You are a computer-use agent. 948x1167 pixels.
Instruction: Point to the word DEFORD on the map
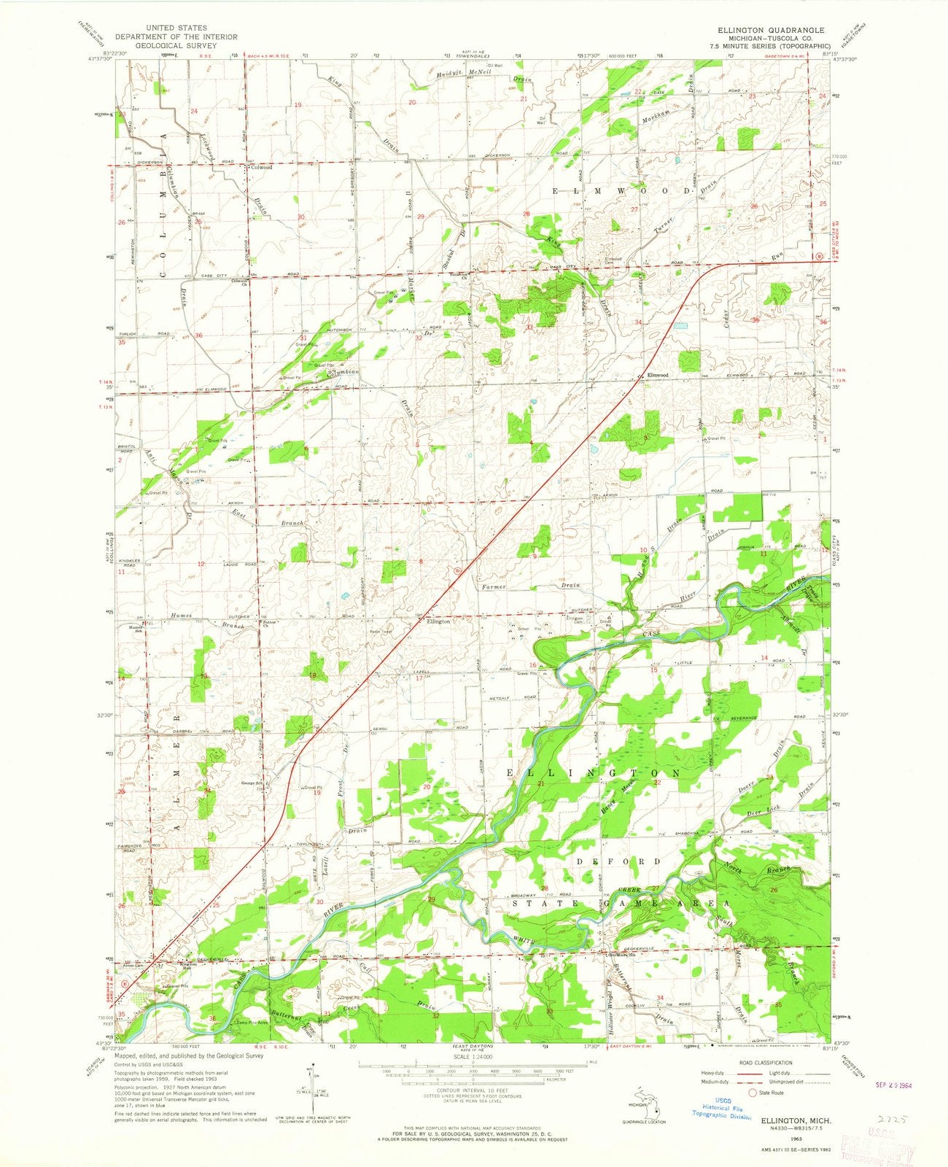[618, 861]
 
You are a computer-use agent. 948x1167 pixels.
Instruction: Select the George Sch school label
[252, 784]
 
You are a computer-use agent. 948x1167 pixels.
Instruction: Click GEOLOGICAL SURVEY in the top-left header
[175, 45]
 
